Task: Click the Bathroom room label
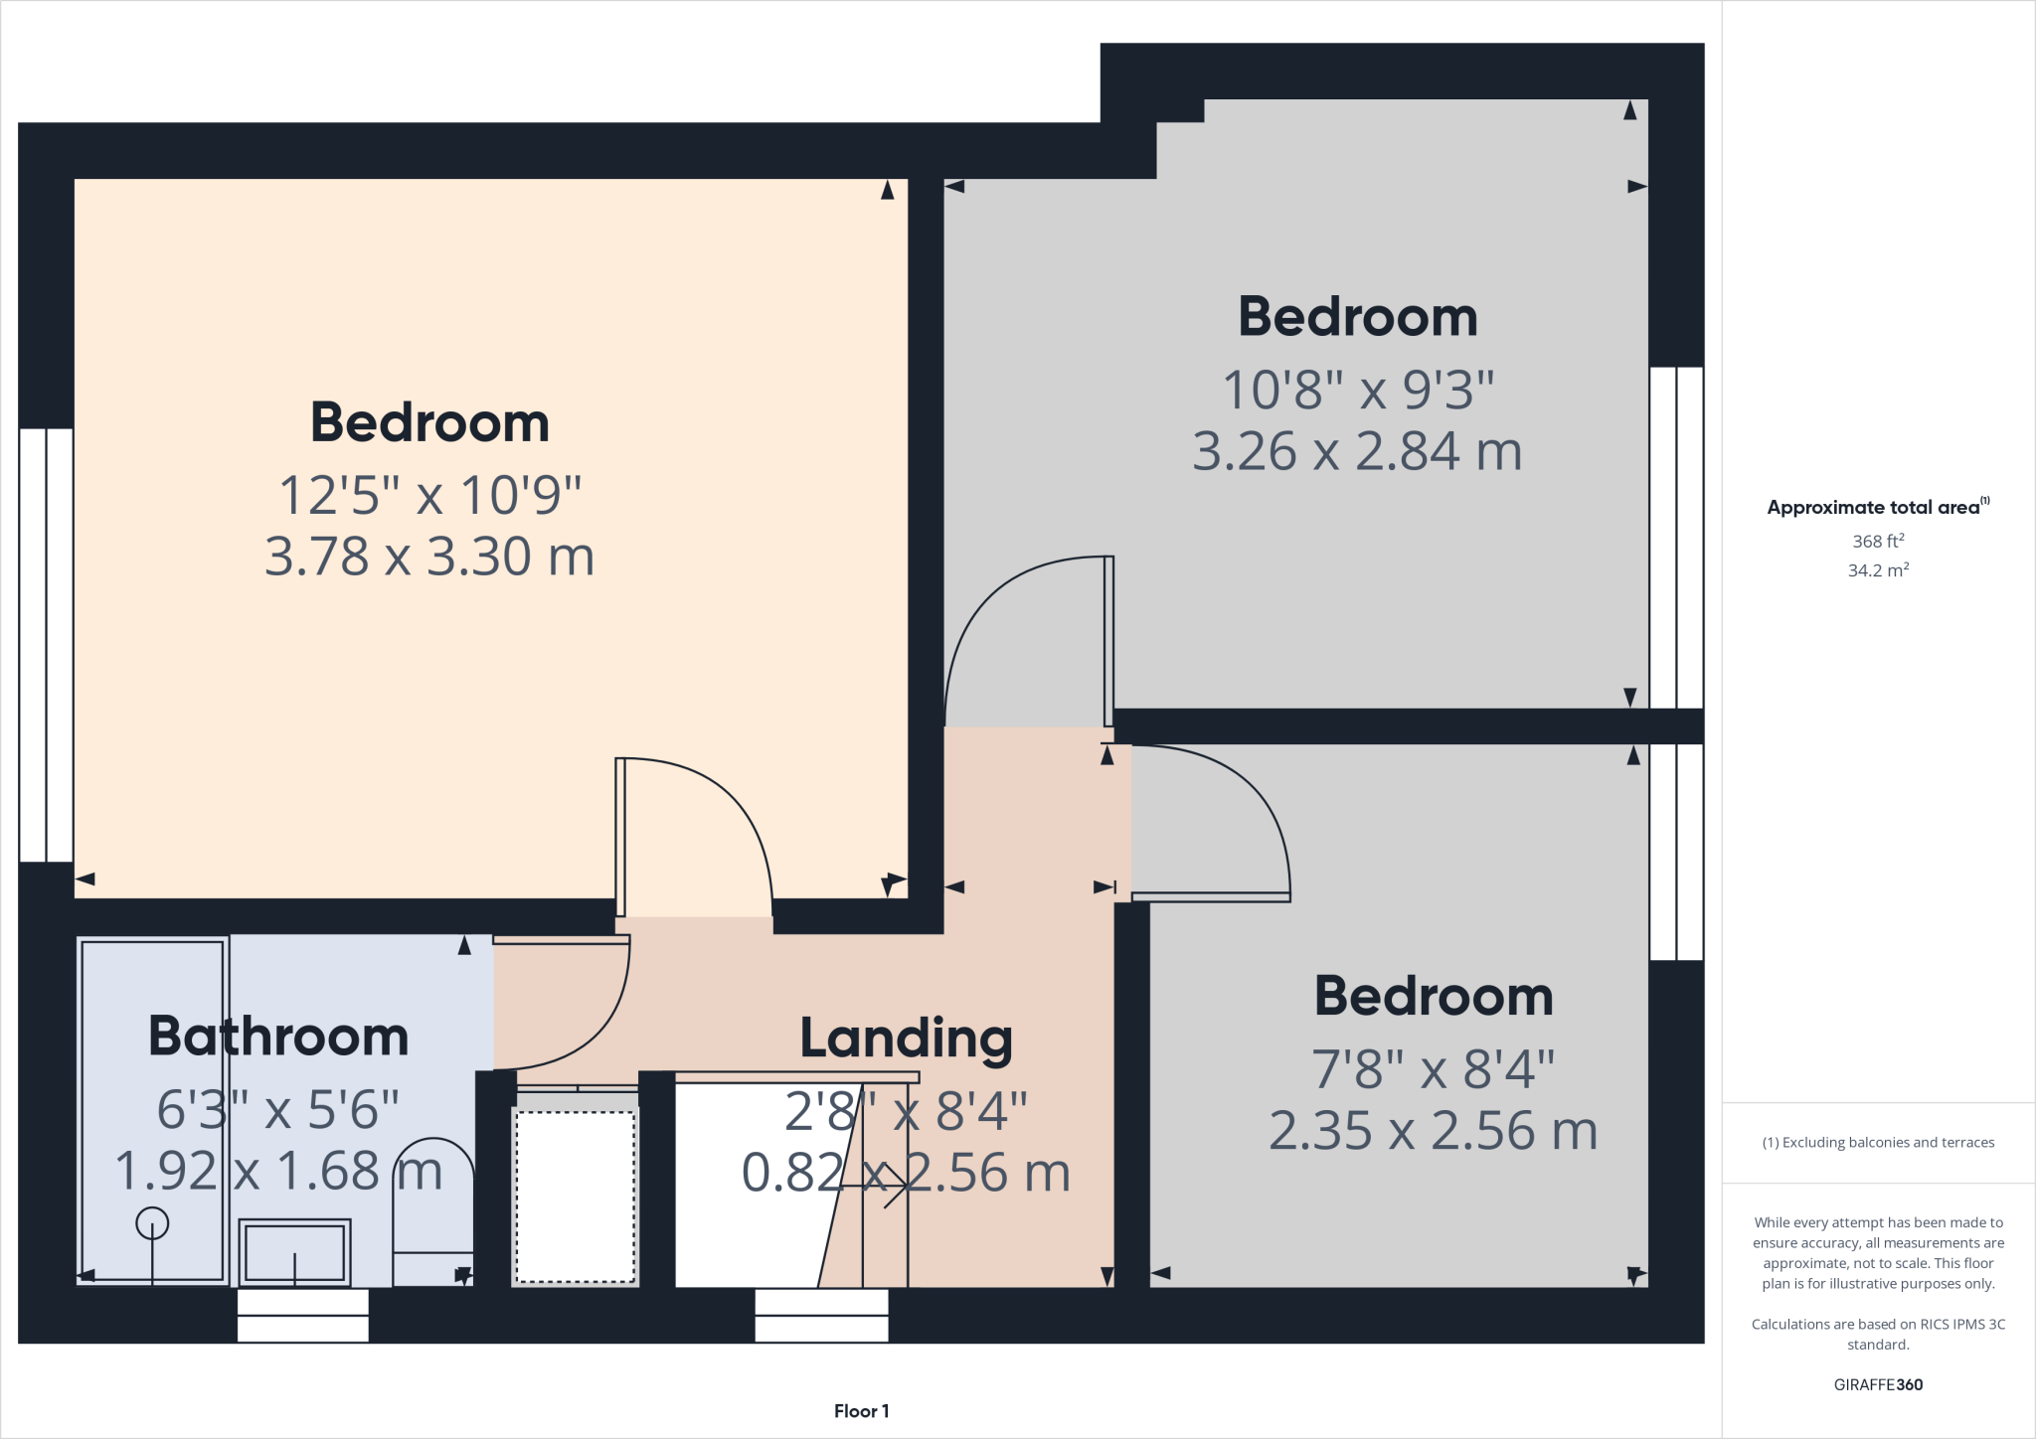(278, 1037)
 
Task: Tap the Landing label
(906, 1039)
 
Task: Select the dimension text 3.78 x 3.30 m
(429, 557)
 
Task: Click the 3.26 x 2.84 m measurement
(1357, 451)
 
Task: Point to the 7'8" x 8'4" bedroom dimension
(1433, 1069)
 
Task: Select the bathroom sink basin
(295, 1252)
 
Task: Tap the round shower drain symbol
(152, 1222)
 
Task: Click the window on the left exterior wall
(46, 645)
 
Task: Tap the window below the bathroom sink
(303, 1316)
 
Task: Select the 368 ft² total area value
(1878, 542)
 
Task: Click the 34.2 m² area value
(1878, 570)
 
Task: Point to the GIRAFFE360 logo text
(1878, 1384)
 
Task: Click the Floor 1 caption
(861, 1411)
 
